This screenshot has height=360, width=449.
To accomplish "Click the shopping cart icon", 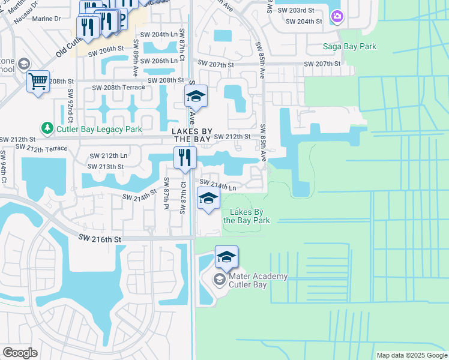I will tap(38, 80).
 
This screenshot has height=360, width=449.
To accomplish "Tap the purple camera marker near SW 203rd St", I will tap(337, 16).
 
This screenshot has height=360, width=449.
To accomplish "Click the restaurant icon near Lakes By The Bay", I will tap(185, 158).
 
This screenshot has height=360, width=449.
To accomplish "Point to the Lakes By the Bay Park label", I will tap(246, 216).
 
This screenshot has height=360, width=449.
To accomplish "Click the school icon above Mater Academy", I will tap(226, 257).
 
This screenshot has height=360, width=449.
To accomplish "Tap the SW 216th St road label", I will tap(100, 239).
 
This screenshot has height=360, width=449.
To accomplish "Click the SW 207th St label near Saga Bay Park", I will tap(322, 64).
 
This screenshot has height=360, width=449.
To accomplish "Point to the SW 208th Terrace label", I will tap(118, 88).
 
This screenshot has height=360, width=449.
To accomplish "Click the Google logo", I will tap(20, 352).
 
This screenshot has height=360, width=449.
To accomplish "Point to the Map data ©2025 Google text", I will tap(411, 355).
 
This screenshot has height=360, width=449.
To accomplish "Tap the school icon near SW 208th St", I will tap(196, 96).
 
